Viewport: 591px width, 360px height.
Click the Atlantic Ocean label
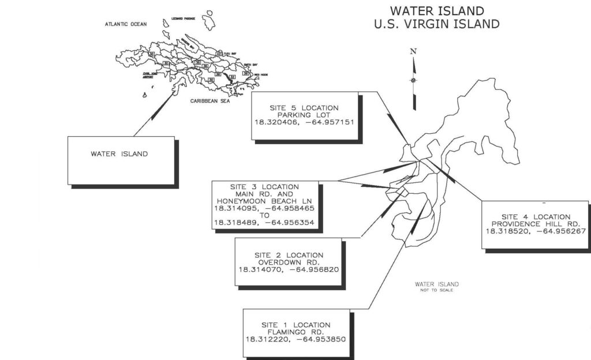(126, 24)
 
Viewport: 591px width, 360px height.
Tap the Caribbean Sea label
(210, 101)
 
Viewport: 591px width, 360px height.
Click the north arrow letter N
(413, 51)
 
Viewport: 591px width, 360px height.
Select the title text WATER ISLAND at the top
(436, 11)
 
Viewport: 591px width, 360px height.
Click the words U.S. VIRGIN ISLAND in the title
(436, 24)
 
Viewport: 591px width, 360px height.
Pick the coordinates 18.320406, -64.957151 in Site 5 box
(304, 122)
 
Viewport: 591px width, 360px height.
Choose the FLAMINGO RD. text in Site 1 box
(295, 332)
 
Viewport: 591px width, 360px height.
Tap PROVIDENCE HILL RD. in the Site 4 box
(536, 224)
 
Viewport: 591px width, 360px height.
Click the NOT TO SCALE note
(437, 290)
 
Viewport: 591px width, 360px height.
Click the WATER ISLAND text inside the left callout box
(119, 154)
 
